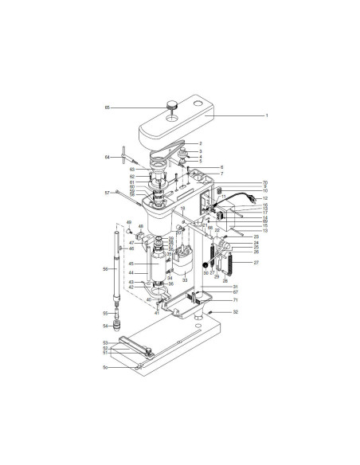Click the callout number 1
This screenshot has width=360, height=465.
[x=267, y=116]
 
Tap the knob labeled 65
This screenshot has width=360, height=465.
[x=170, y=106]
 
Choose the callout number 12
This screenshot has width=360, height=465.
[x=265, y=197]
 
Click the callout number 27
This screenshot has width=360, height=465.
[x=256, y=262]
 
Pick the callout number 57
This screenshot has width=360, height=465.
[x=106, y=193]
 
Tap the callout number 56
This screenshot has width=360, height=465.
[x=104, y=270]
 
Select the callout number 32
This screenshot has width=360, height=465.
[x=236, y=334]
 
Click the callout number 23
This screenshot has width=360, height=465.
[x=256, y=236]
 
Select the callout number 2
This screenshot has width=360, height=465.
[x=200, y=143]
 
